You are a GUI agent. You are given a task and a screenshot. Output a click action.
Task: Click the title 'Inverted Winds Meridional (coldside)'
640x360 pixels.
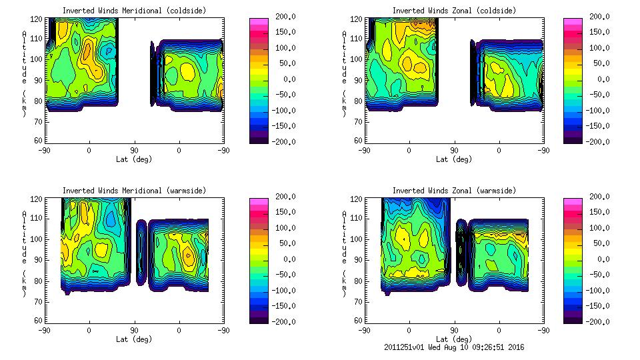(134, 11)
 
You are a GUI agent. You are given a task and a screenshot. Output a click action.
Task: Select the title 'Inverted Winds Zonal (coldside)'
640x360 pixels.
(454, 11)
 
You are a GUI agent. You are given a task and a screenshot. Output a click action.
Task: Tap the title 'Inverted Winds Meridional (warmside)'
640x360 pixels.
(134, 191)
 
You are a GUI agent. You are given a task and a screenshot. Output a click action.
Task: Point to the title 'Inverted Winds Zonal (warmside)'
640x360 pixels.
(454, 191)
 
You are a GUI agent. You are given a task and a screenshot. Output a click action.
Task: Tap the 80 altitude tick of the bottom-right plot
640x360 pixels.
(359, 281)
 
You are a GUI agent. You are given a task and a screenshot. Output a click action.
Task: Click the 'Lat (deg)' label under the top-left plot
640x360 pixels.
(134, 159)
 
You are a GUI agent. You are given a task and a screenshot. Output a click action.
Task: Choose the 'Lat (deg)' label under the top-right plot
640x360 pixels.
(454, 159)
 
